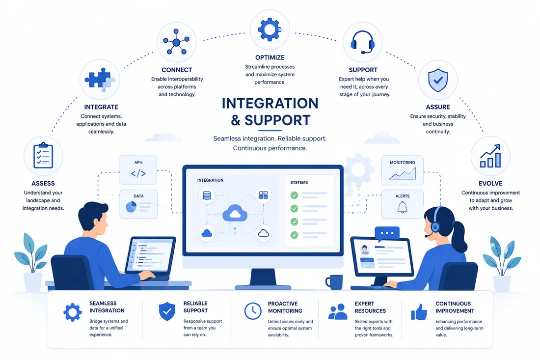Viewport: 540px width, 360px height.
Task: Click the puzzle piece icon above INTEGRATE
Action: tap(100, 79)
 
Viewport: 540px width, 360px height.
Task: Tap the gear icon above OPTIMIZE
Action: tap(270, 29)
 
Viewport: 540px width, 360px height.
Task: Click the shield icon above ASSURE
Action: tap(438, 80)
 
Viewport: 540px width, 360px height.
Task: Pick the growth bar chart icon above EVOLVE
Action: tap(490, 156)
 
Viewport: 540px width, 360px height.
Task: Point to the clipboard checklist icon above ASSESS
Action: tap(43, 155)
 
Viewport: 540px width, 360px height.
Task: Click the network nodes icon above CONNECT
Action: tap(176, 42)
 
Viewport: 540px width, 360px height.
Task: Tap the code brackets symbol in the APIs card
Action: tap(138, 173)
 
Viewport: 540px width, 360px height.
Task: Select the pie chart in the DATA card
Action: tap(131, 207)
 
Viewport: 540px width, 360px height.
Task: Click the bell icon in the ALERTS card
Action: tap(402, 207)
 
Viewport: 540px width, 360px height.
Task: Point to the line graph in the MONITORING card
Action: tap(402, 174)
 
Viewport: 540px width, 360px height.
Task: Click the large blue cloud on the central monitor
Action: tap(235, 213)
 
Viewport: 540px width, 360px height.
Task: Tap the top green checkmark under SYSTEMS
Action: tap(294, 195)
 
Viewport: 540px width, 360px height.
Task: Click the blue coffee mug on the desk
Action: tap(334, 282)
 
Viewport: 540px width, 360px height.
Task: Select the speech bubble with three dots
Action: tap(387, 234)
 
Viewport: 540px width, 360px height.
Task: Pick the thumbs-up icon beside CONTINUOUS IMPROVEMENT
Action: tap(419, 312)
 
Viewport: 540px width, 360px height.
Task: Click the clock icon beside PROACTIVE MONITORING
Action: tap(253, 311)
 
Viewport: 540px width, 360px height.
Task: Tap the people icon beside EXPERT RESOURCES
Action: tap(338, 311)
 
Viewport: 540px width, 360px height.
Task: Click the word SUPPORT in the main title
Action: tap(277, 120)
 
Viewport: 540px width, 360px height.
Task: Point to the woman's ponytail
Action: tap(459, 237)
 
